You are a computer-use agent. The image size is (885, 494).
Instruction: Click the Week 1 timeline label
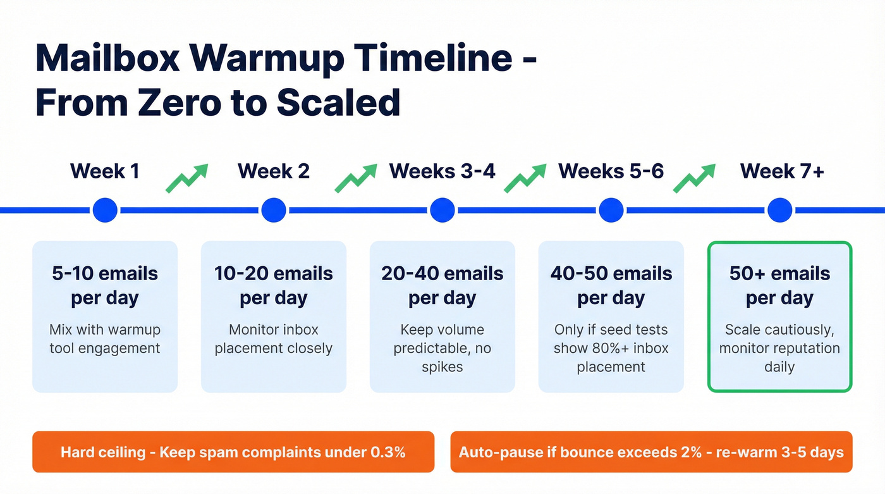pyautogui.click(x=105, y=171)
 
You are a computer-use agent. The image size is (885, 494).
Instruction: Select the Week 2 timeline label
pyautogui.click(x=274, y=171)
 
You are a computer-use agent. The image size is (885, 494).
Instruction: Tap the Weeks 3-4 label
pyautogui.click(x=442, y=171)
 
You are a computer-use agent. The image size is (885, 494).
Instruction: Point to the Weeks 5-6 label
pyautogui.click(x=611, y=171)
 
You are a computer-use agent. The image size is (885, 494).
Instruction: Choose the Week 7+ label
pyautogui.click(x=782, y=171)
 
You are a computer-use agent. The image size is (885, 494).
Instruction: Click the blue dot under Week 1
pyautogui.click(x=105, y=210)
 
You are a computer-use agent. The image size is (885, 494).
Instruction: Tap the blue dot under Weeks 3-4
pyautogui.click(x=442, y=210)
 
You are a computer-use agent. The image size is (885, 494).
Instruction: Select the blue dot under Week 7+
pyautogui.click(x=779, y=210)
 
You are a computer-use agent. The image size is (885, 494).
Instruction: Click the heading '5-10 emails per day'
pyautogui.click(x=105, y=285)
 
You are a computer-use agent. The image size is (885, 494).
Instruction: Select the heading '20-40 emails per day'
pyautogui.click(x=442, y=285)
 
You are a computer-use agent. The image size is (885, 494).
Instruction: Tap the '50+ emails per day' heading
pyautogui.click(x=779, y=285)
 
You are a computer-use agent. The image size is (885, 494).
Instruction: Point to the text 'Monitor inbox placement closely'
pyautogui.click(x=274, y=339)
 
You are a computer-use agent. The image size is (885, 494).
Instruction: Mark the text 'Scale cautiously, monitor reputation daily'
pyautogui.click(x=779, y=348)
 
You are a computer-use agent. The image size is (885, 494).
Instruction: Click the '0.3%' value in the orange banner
pyautogui.click(x=388, y=452)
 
